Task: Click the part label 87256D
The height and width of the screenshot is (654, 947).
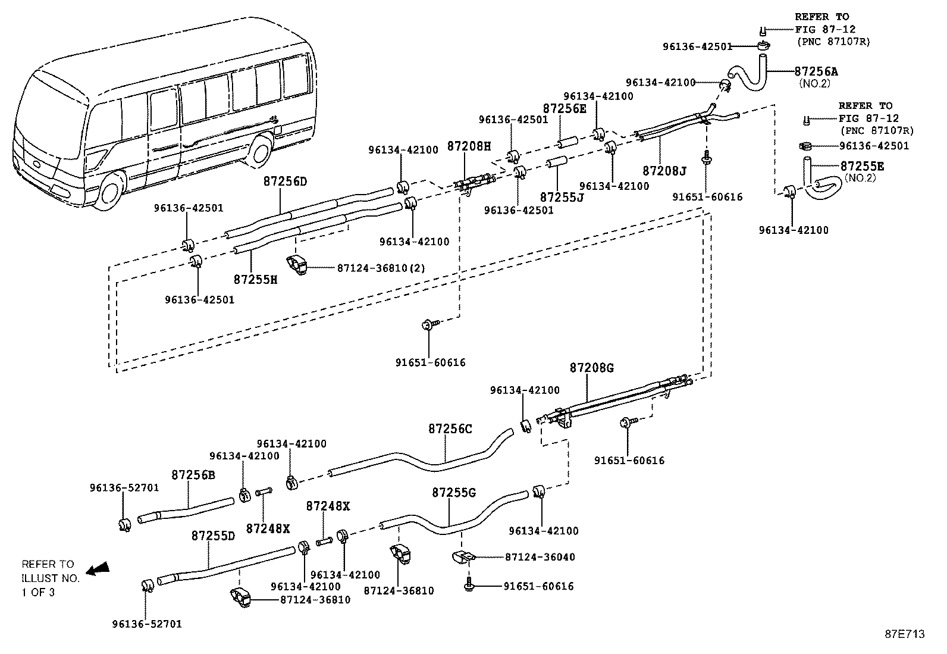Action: tap(285, 181)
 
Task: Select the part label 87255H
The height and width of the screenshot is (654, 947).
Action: tap(255, 279)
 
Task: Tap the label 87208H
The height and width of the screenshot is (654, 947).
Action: tap(469, 146)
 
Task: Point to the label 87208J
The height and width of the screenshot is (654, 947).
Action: tap(664, 171)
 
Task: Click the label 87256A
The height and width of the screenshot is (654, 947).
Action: tap(816, 71)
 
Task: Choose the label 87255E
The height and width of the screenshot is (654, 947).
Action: tap(862, 166)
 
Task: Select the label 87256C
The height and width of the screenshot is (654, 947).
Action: tap(450, 428)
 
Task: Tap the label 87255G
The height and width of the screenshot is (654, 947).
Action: tap(454, 492)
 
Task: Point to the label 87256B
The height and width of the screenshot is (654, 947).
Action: tap(193, 474)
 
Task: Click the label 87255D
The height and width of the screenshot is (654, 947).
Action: tap(213, 535)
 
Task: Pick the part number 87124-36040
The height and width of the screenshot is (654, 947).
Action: tap(540, 557)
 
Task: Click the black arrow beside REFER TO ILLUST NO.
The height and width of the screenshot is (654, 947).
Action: tap(98, 569)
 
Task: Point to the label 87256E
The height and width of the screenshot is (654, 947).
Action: tap(564, 108)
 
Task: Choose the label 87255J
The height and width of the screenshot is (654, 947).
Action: tap(562, 196)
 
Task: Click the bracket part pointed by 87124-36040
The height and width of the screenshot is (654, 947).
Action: tap(463, 557)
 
